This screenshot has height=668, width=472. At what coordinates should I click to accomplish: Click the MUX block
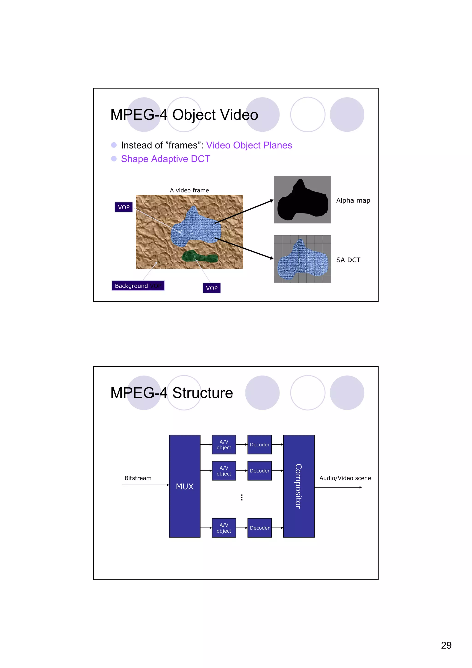(x=184, y=486)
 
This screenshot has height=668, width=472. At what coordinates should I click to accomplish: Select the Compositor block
(x=299, y=486)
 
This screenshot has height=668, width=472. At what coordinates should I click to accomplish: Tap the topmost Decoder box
(x=260, y=444)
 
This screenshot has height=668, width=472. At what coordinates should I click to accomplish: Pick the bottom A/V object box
(x=224, y=528)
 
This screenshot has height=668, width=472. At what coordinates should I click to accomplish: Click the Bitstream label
(x=138, y=478)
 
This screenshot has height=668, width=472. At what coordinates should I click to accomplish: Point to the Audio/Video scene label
(x=345, y=478)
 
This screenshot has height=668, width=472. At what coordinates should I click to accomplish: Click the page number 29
(x=446, y=645)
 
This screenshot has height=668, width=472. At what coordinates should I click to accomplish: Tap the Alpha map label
(x=353, y=200)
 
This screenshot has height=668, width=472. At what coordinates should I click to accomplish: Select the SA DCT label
(x=348, y=260)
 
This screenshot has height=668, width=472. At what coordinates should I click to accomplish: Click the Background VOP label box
(x=138, y=286)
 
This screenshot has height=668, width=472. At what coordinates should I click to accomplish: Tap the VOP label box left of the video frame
(x=124, y=207)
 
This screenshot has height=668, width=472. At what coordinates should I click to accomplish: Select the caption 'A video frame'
(x=189, y=190)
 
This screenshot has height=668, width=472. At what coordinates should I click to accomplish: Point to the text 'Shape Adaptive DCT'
(x=165, y=159)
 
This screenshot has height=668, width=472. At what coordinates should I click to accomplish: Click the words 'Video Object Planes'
(x=249, y=145)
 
